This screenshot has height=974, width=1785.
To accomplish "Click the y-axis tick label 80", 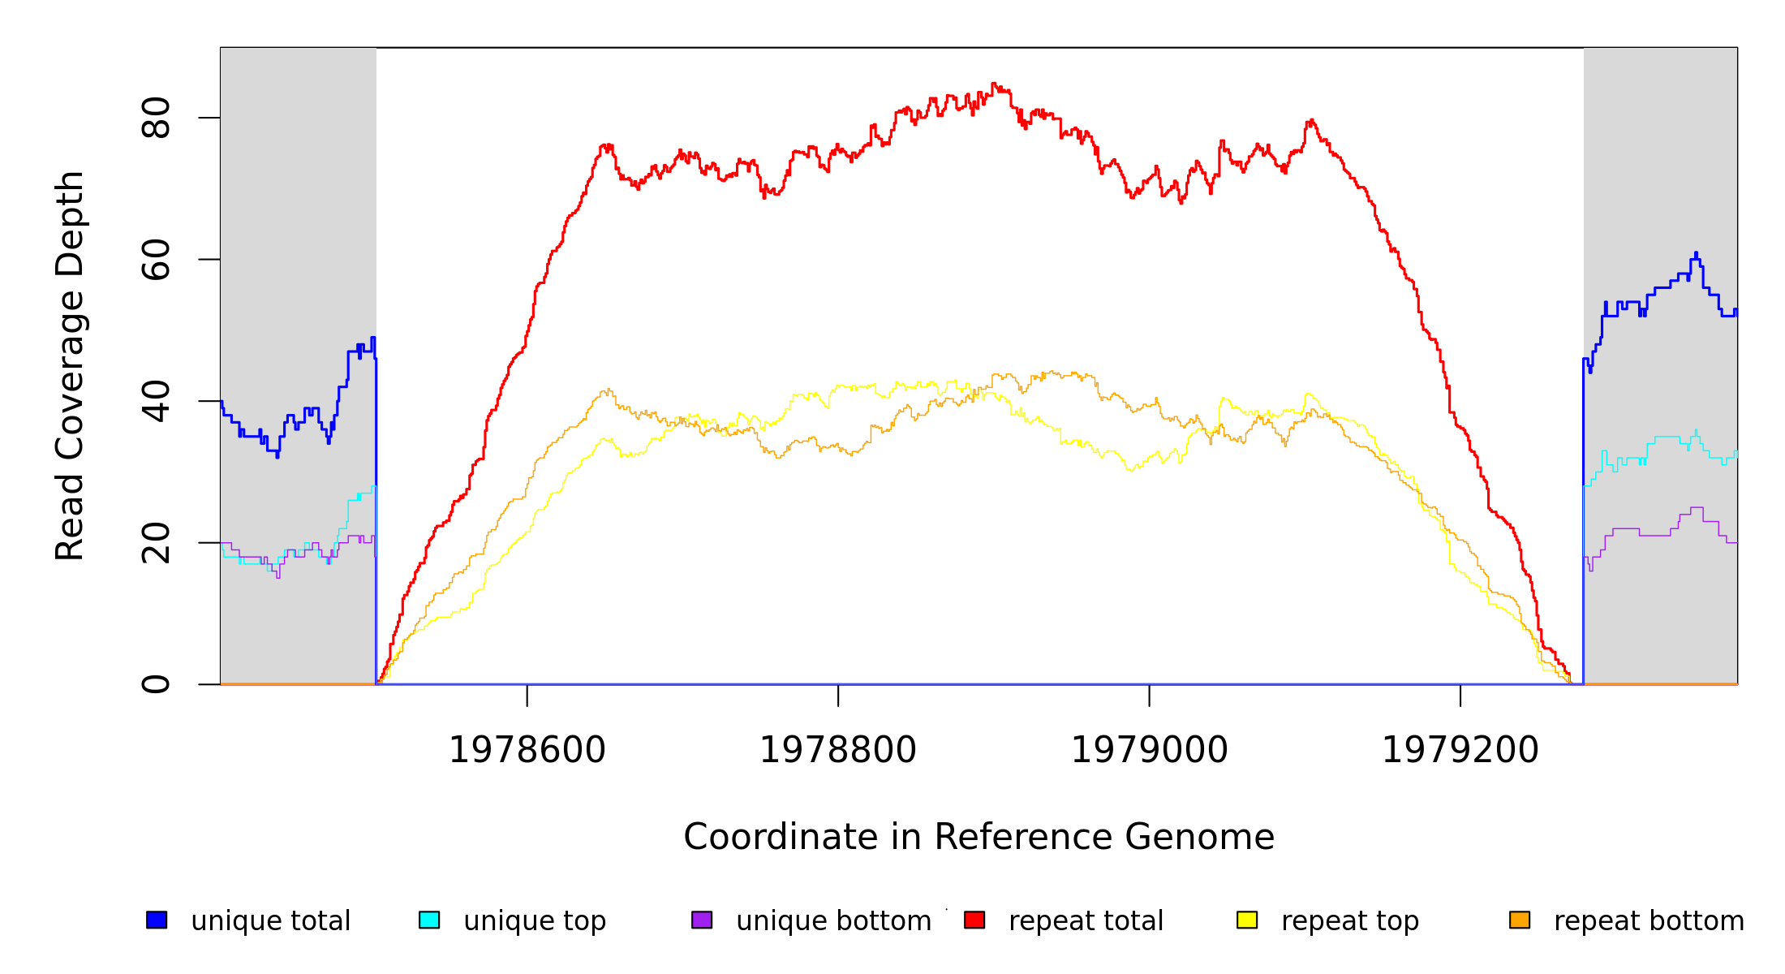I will [156, 118].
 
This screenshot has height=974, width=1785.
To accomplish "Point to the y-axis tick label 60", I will [156, 260].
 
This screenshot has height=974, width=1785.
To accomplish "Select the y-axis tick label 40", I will [156, 401].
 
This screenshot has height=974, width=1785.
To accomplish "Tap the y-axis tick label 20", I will [156, 543].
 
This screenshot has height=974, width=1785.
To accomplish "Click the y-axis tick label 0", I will [156, 684].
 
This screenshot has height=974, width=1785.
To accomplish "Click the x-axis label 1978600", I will [527, 751].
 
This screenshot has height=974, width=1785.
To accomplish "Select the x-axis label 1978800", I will [838, 751].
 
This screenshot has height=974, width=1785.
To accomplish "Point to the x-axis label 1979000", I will [1149, 751].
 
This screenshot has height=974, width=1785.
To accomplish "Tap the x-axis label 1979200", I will [1460, 751].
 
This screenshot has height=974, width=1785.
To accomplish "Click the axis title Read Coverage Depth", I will [70, 365].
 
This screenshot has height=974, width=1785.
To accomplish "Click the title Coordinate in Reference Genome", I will [979, 838].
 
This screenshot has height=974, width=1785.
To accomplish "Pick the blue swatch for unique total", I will [157, 920].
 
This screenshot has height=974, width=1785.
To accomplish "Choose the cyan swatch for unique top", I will [429, 920].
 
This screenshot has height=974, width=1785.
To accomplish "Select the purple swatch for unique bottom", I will [702, 920].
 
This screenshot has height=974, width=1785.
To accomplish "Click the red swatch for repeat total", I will [974, 920].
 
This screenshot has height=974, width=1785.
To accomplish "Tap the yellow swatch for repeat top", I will [1247, 920].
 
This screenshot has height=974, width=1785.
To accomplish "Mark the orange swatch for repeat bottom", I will [1520, 920].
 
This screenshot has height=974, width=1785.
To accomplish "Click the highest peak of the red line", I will [994, 84].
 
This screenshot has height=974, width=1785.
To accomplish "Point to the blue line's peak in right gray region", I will [1696, 253].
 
